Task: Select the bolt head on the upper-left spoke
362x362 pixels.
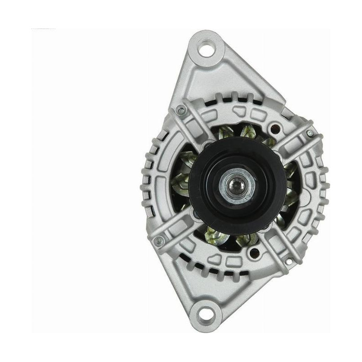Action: point(181,109)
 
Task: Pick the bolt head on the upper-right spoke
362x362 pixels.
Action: point(309,133)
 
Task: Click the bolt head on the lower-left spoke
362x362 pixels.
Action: point(159,242)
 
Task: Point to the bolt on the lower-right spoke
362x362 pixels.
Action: point(288,261)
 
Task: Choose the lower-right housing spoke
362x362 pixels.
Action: point(276,249)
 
